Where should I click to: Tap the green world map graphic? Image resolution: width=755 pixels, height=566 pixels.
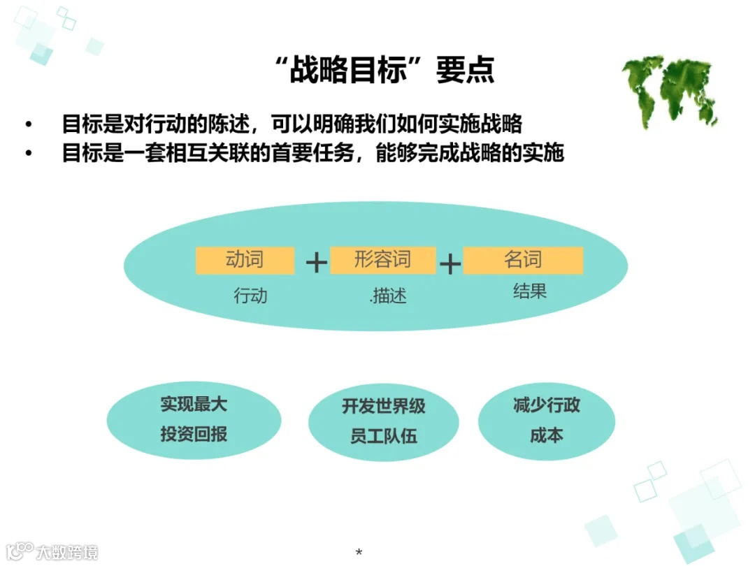(670, 92)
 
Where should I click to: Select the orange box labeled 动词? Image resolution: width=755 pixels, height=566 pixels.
(245, 261)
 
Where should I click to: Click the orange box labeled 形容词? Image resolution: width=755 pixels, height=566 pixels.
(382, 261)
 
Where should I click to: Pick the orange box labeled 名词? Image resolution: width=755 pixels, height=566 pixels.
(523, 261)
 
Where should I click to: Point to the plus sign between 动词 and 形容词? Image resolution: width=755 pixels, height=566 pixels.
(317, 263)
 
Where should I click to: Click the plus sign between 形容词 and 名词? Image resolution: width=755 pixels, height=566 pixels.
(450, 263)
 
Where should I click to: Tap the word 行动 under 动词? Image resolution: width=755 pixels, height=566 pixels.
(250, 296)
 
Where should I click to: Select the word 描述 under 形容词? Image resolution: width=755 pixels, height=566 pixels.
(389, 296)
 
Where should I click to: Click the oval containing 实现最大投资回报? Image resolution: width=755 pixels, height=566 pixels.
(194, 419)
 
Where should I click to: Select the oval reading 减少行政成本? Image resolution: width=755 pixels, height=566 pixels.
(546, 420)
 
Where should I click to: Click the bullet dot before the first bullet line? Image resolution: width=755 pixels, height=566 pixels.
(29, 124)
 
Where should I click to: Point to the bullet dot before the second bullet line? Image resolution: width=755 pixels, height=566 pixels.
(29, 153)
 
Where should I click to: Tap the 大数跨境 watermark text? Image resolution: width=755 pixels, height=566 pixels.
(67, 552)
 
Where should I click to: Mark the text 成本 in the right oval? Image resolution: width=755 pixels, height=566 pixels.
(546, 435)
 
